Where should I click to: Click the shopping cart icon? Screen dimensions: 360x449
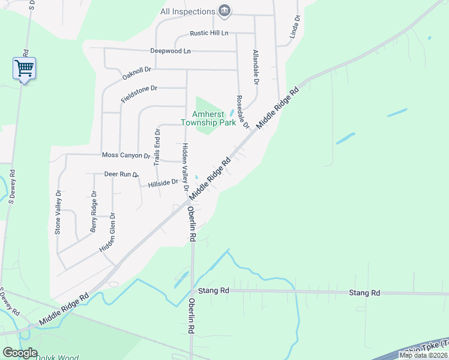[24, 68]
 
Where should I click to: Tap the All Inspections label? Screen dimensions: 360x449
[187, 11]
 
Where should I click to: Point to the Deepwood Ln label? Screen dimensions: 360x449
[170, 51]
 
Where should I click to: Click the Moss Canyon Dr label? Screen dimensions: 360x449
[125, 155]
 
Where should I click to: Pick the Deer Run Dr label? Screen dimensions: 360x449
[121, 175]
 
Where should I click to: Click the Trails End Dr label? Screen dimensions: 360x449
[157, 147]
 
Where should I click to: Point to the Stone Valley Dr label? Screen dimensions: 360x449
[58, 212]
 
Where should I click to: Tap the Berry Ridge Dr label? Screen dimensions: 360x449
[94, 211]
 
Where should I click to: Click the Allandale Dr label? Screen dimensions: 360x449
[256, 67]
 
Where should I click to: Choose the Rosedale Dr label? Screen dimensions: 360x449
[242, 112]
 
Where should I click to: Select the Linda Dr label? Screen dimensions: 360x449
[294, 28]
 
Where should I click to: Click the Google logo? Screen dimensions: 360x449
[20, 353]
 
